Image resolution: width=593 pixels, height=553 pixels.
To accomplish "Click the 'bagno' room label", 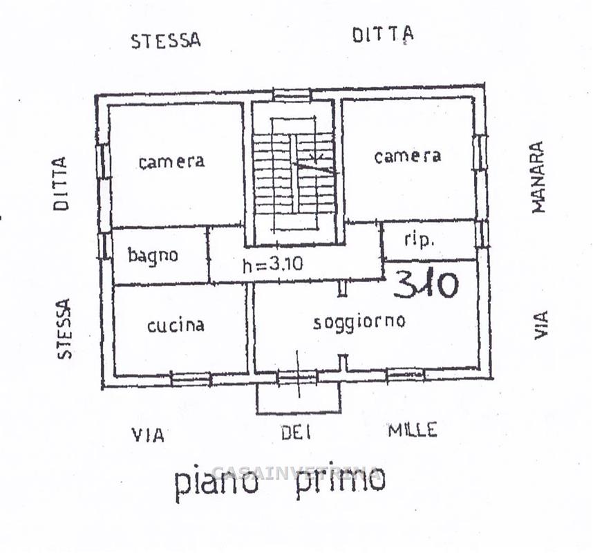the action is (x=153, y=256).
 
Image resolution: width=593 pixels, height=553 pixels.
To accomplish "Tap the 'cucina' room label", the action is (x=176, y=326).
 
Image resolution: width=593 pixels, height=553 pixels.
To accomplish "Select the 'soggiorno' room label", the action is (x=359, y=324).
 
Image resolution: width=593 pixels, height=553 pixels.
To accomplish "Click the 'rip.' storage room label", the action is (x=419, y=240).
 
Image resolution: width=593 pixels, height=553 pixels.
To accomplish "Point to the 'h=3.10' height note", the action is (x=273, y=264).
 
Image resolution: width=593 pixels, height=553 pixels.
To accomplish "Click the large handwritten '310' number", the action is (x=426, y=284).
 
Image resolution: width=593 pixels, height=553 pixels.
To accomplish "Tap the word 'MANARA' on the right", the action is (x=538, y=177).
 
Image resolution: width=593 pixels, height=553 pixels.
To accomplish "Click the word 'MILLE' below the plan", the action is (x=413, y=430).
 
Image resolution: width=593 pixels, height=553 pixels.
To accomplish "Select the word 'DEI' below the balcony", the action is (x=296, y=432).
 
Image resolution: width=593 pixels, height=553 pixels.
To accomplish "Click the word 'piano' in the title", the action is (x=217, y=483).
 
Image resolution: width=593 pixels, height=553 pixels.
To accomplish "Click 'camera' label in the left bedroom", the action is (x=171, y=162).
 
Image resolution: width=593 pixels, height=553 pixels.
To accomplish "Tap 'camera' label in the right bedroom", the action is (x=408, y=156).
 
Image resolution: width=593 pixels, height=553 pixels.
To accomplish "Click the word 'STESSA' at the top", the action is (x=166, y=41).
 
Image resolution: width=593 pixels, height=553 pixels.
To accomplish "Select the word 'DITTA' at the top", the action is (x=383, y=35).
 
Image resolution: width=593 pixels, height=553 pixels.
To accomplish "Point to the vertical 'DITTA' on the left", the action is (x=61, y=184).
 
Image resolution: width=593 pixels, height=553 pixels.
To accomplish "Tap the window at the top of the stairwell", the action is (x=292, y=95).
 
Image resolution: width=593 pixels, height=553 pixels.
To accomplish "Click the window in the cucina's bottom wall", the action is (x=191, y=379).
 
